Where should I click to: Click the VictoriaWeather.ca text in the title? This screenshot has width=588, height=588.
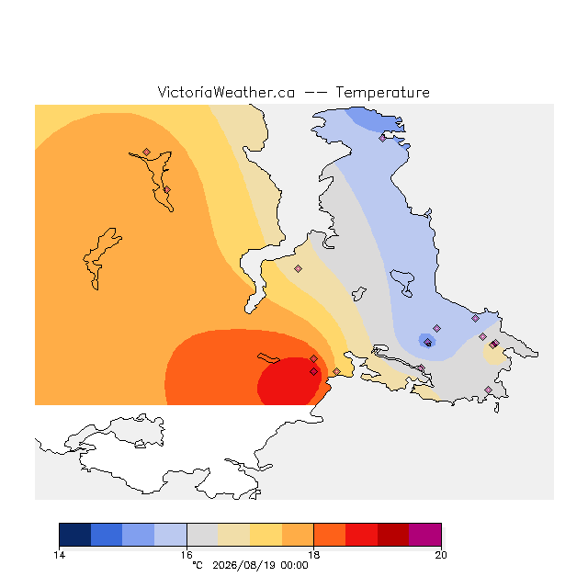pos(226,92)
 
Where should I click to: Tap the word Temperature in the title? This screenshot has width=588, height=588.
pos(382,92)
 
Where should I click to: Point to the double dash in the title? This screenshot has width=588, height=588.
pos(315,93)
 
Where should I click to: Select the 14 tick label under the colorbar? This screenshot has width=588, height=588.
pos(59,555)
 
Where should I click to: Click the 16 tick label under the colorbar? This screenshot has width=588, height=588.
pos(187,555)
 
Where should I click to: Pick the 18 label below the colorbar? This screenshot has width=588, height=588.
pos(314,555)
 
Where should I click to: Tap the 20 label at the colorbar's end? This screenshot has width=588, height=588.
pos(441,555)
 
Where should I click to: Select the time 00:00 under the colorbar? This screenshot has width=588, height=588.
pos(294,566)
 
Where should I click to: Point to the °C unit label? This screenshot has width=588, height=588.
pos(198,565)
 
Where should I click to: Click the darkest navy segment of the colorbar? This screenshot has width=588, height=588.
pos(75,535)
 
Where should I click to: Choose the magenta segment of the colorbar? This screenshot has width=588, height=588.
pos(425,535)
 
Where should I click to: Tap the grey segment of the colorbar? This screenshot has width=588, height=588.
pos(202,535)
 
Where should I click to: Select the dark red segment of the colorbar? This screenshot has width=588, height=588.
pos(393,535)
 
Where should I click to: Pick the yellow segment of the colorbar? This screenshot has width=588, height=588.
pos(266,535)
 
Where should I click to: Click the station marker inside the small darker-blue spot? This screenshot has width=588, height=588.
pos(427,342)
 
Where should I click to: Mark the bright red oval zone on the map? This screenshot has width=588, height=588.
pos(289,381)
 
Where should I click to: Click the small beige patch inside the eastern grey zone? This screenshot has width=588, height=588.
pos(494,354)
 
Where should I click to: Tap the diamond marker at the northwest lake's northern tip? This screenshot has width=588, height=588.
pos(147,152)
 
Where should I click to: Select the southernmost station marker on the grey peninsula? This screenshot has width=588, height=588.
pos(488,390)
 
